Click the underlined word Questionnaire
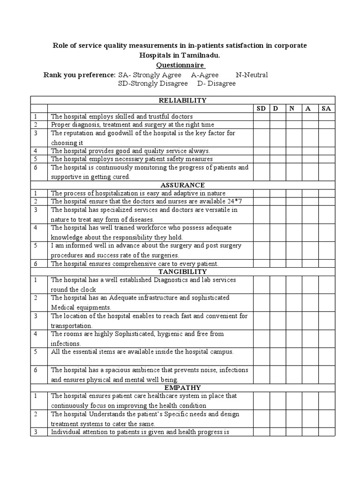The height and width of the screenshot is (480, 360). (x=180, y=65)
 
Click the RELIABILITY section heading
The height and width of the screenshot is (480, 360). (x=183, y=100)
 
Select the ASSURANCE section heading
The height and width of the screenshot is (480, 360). (x=183, y=185)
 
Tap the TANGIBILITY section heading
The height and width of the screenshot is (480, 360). (x=183, y=271)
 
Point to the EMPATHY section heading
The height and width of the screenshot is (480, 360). (x=183, y=388)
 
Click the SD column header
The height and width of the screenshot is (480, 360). (x=262, y=108)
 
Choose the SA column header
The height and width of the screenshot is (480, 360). (x=326, y=108)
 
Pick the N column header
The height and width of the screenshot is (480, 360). (x=292, y=108)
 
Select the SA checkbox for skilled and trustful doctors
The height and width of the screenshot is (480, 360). (x=326, y=116)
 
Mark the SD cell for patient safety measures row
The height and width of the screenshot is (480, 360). (x=262, y=159)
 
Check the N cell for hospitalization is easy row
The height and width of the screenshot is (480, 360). (x=293, y=193)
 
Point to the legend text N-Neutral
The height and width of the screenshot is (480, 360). (x=252, y=75)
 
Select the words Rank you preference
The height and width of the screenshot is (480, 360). (x=79, y=75)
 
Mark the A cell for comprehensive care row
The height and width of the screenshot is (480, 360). (x=309, y=263)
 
